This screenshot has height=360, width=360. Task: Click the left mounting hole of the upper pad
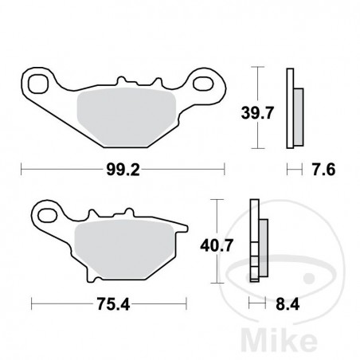click(x=37, y=82)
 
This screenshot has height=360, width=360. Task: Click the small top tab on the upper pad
click(x=123, y=80)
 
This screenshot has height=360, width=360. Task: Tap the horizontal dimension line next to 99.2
click(x=56, y=169)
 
